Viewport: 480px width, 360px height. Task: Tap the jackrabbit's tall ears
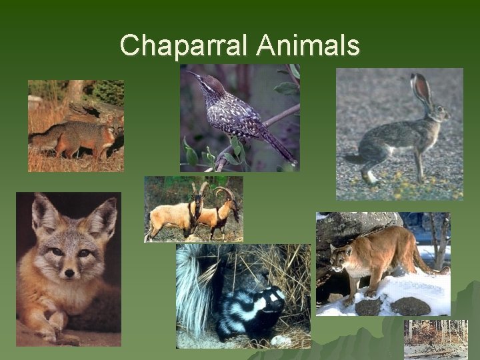[x=422, y=89]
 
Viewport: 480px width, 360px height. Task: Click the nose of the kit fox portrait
[x=69, y=273]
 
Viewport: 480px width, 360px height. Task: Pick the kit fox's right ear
[x=103, y=215]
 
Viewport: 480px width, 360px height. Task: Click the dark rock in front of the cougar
[x=410, y=306]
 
